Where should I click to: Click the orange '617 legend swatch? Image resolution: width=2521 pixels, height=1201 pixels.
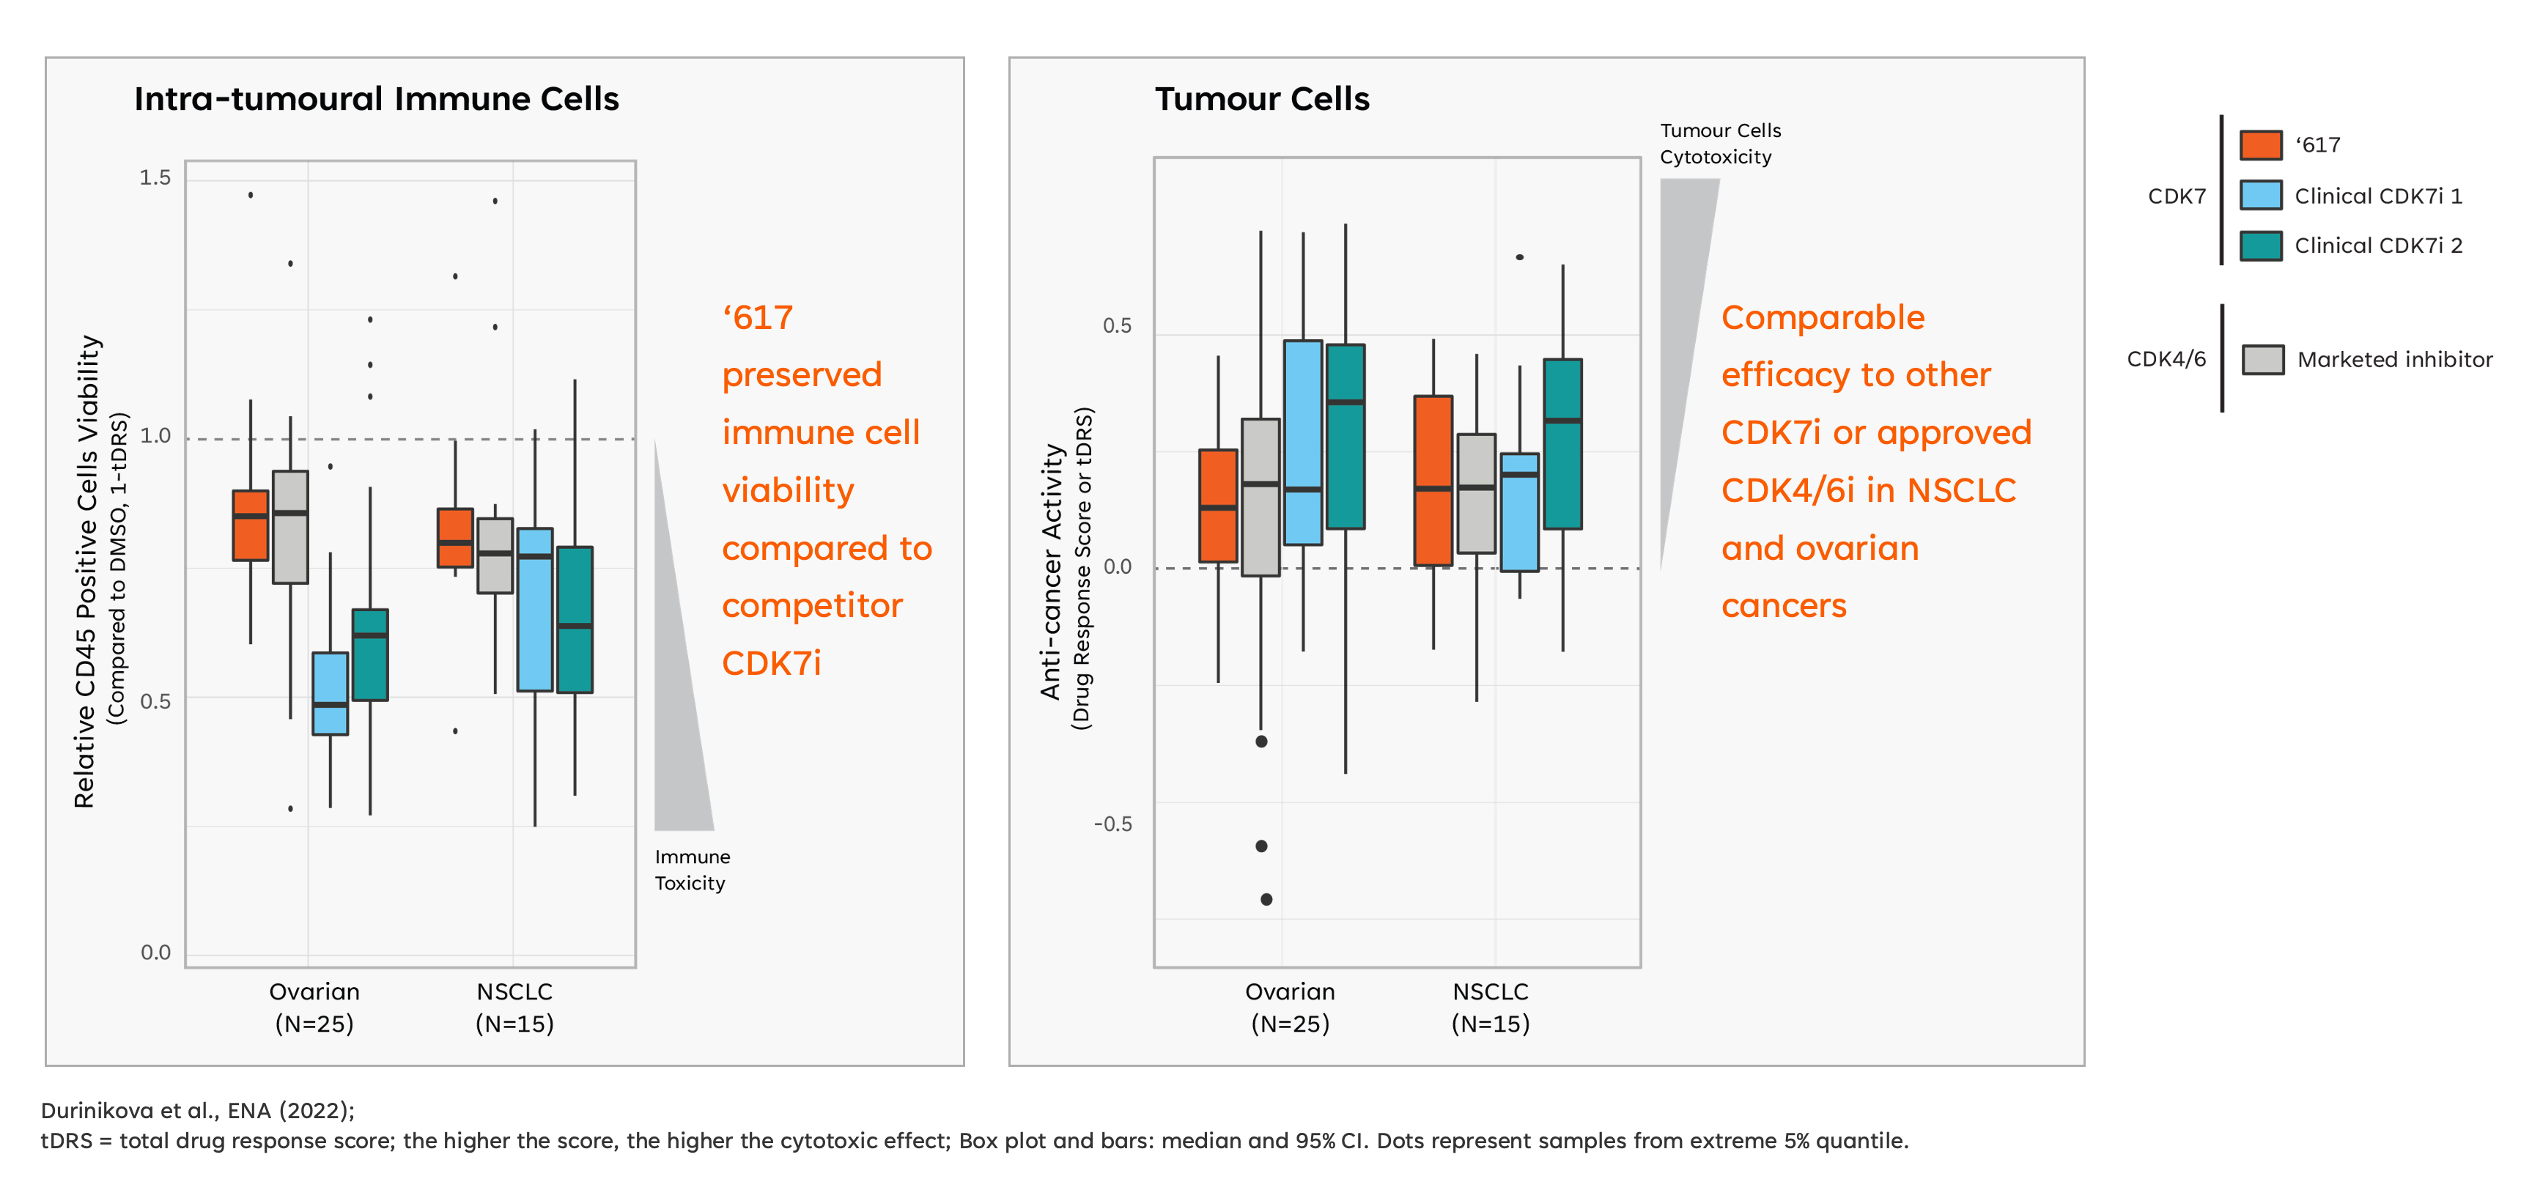2261,145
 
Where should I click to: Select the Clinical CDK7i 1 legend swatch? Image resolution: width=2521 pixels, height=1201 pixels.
2261,195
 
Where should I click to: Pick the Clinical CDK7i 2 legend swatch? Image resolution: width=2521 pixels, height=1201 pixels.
2261,245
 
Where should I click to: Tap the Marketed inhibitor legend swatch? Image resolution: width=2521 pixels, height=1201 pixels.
2262,359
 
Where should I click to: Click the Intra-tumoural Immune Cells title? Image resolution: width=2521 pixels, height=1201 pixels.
377,99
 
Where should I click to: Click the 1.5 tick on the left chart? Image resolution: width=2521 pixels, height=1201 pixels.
155,177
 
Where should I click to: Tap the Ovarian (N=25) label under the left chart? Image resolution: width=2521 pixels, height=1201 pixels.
314,1008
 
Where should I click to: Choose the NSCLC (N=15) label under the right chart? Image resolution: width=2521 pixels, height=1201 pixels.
1491,1008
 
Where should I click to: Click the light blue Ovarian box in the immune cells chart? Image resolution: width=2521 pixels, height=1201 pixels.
330,693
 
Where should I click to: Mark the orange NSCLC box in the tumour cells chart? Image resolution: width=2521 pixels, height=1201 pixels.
1433,481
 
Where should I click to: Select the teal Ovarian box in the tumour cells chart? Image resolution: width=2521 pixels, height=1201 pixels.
1346,437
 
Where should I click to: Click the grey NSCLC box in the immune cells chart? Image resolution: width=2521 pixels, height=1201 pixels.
495,555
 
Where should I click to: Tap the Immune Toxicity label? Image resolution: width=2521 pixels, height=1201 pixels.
692,869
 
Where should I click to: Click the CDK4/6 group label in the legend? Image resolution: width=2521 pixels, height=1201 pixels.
2166,359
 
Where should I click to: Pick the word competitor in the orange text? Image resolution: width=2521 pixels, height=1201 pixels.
812,606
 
